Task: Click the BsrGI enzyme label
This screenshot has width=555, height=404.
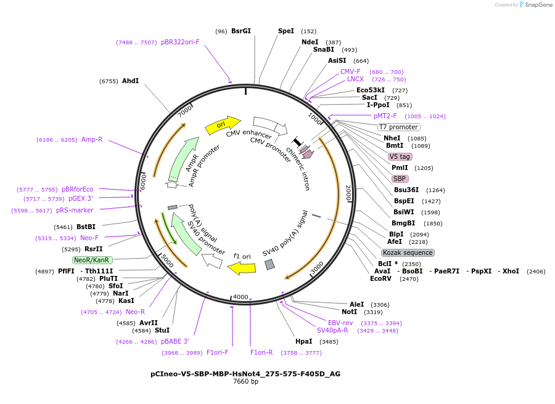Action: click(241, 31)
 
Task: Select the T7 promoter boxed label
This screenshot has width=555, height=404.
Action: click(398, 127)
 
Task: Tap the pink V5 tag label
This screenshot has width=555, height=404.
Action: click(400, 156)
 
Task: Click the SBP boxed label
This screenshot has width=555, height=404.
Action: click(400, 179)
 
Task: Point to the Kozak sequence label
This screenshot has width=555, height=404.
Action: click(408, 252)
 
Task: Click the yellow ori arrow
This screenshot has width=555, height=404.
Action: click(222, 125)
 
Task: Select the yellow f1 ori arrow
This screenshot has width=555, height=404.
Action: click(241, 267)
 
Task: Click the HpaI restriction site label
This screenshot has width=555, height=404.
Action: click(303, 341)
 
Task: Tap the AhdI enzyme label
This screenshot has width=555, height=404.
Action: click(130, 81)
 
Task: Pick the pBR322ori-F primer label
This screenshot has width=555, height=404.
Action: click(180, 42)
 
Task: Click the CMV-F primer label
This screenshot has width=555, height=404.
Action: click(350, 71)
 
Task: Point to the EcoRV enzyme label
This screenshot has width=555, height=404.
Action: click(380, 278)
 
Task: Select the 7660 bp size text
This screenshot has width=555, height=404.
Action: click(245, 382)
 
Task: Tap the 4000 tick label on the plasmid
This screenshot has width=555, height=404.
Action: click(240, 297)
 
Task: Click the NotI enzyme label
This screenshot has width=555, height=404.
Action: click(349, 312)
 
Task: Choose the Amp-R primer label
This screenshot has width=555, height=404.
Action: click(92, 139)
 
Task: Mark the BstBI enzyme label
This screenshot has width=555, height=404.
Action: click(86, 227)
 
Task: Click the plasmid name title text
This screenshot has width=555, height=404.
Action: click(245, 373)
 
